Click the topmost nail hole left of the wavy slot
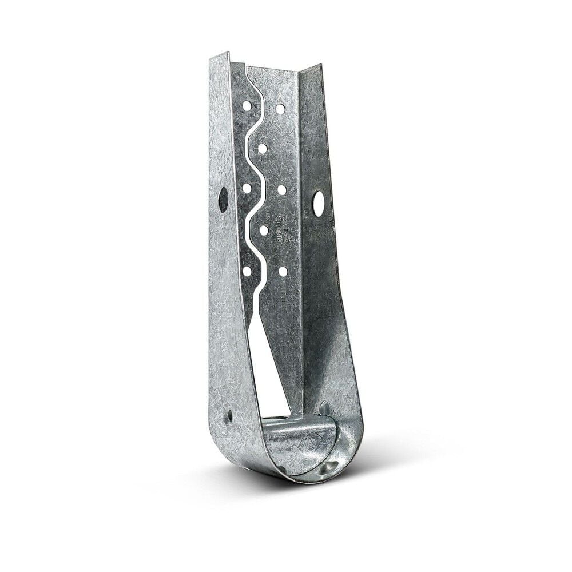(x=247, y=106)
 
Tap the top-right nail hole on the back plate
(x=280, y=109)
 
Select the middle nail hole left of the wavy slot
(x=247, y=188)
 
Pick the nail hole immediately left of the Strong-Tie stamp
(x=264, y=229)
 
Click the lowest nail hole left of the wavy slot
(x=247, y=270)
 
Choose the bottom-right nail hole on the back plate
(x=283, y=271)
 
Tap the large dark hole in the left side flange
(x=223, y=200)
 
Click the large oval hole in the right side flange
(x=318, y=204)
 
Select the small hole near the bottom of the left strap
(x=230, y=416)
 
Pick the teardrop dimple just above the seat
(x=324, y=408)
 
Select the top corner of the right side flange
(x=320, y=66)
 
